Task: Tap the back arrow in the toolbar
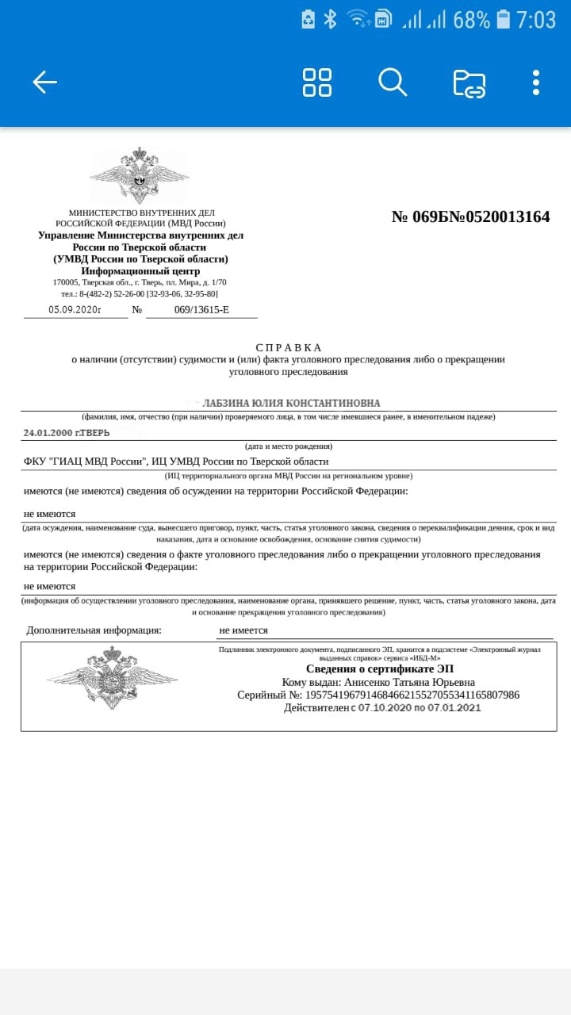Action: (x=44, y=82)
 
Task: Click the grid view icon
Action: (x=317, y=82)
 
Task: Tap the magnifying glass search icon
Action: (x=392, y=82)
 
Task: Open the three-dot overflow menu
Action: (x=536, y=82)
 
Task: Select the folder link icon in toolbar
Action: (x=469, y=83)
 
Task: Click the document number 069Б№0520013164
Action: (x=470, y=216)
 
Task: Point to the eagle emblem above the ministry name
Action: (x=140, y=174)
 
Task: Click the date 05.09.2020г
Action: (x=75, y=309)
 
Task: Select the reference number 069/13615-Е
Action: (x=201, y=309)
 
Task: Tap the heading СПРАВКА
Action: (x=289, y=347)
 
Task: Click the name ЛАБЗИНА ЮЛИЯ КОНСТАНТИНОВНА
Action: (x=291, y=403)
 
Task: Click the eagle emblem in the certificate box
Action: (x=112, y=678)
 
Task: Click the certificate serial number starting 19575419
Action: (x=412, y=695)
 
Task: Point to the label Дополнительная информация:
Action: (x=94, y=630)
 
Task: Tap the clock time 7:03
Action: (x=536, y=20)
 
